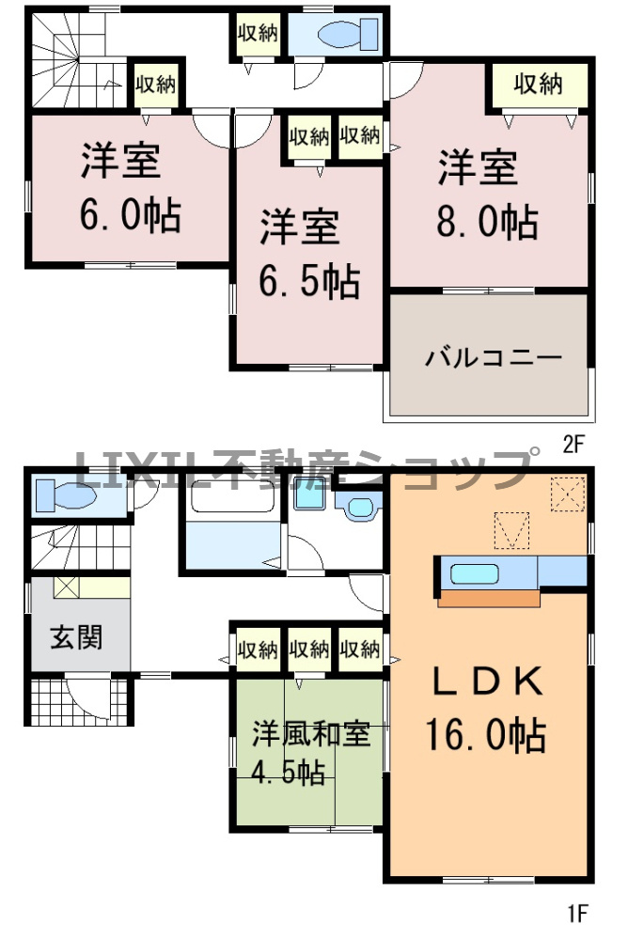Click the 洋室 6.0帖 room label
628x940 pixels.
130,188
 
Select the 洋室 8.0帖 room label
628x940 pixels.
488,196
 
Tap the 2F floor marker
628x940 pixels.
573,446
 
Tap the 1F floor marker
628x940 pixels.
575,911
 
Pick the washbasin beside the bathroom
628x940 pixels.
357,509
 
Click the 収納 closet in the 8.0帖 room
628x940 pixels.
538,86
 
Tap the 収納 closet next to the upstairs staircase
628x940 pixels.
155,86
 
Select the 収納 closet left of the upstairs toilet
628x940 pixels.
256,35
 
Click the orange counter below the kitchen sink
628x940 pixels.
489,597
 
